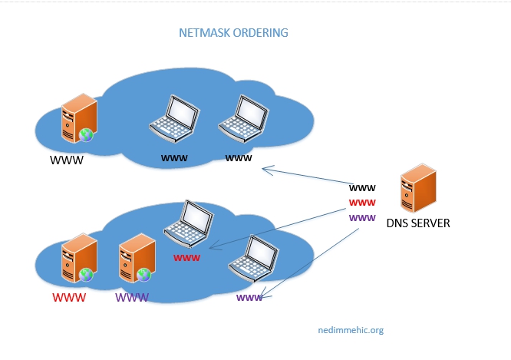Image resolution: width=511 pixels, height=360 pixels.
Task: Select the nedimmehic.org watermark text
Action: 350,330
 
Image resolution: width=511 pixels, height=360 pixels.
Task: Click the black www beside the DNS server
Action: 362,187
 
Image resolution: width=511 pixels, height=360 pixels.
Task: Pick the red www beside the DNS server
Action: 362,203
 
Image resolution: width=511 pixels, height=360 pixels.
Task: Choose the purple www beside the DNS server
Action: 362,218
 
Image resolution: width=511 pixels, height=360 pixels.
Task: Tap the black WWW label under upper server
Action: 66,161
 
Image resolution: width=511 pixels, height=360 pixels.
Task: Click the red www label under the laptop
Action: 186,258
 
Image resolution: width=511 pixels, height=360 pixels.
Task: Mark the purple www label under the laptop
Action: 249,298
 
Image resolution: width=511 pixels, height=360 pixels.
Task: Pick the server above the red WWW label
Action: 79,259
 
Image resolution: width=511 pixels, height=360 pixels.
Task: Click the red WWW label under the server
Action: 68,297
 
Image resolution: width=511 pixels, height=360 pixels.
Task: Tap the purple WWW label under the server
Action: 131,297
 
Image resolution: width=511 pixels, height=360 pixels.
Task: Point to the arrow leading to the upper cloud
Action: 307,177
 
